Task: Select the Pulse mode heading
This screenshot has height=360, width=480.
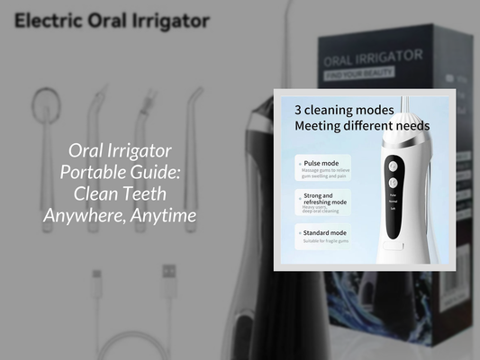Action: click(322, 163)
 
